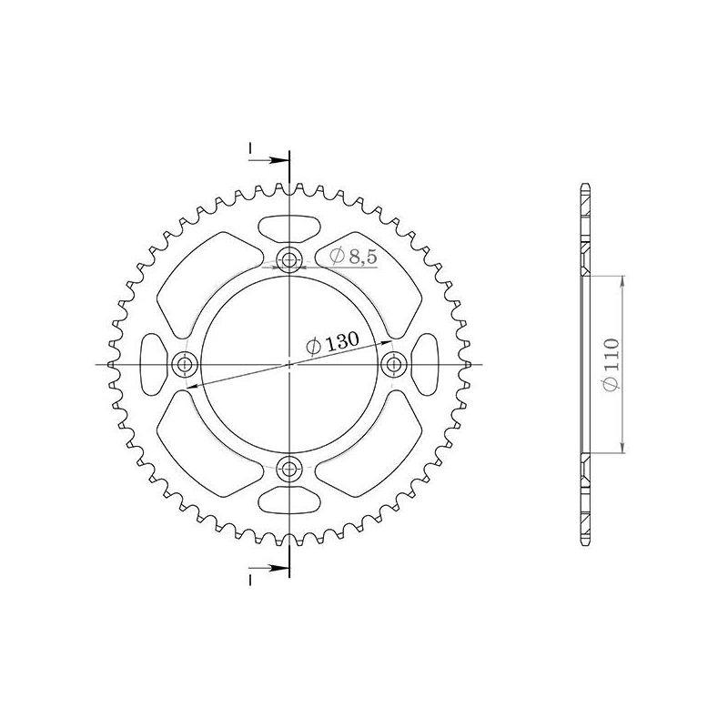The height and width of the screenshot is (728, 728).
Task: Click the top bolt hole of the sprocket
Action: click(290, 260)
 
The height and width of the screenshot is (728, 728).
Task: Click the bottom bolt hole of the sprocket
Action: click(290, 470)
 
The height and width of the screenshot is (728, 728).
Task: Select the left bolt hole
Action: click(186, 365)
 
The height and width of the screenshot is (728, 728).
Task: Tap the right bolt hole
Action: click(395, 365)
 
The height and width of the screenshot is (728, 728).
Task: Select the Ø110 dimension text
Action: click(611, 364)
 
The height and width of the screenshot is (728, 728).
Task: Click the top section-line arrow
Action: click(278, 160)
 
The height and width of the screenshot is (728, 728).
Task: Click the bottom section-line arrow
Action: click(278, 569)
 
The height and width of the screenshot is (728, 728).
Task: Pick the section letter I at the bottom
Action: click(248, 580)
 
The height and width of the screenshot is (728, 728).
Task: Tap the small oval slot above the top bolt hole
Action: click(289, 227)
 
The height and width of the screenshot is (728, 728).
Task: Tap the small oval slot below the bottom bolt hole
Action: click(289, 502)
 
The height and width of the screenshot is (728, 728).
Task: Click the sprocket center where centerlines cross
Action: click(290, 365)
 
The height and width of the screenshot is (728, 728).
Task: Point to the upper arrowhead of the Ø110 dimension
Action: click(622, 281)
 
